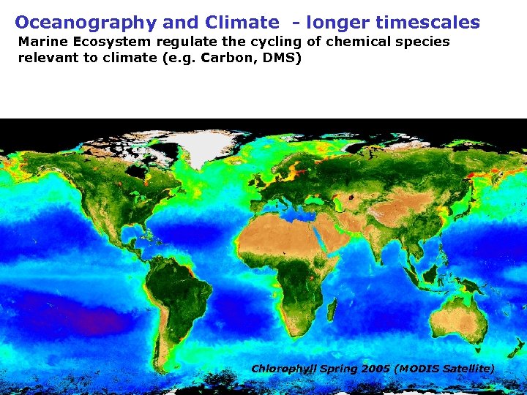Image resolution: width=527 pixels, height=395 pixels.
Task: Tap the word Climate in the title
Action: point(238,23)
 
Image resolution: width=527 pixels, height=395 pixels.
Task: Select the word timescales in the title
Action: point(427,23)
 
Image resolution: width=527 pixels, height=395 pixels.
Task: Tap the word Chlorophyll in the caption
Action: point(284,369)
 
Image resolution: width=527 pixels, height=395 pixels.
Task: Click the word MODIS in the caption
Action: point(417,369)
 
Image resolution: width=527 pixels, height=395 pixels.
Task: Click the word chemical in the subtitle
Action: point(351,42)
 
